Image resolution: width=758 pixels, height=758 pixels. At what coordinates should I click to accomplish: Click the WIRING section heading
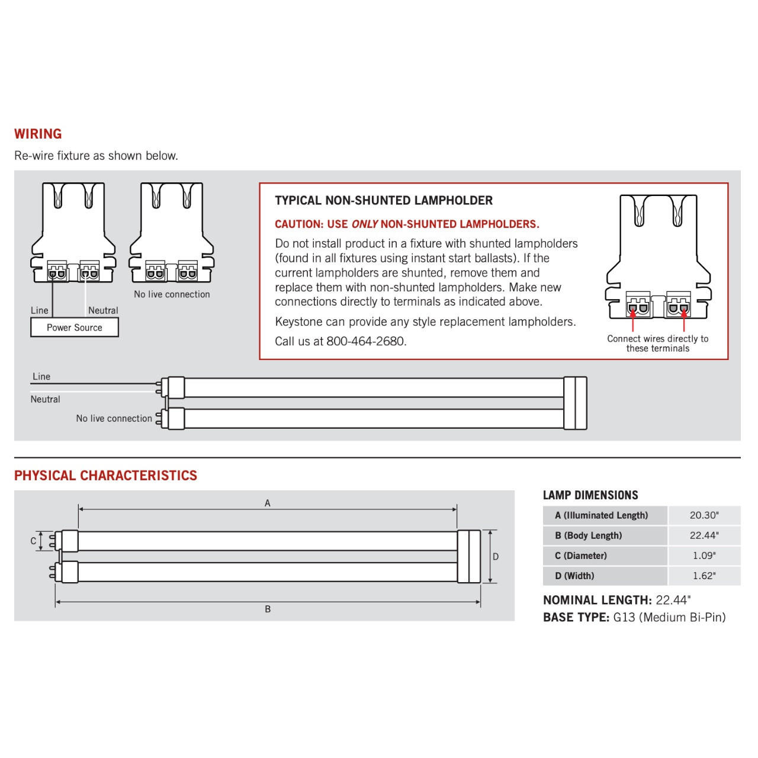[x=38, y=134]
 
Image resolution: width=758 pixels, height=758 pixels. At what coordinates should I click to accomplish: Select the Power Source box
[x=75, y=327]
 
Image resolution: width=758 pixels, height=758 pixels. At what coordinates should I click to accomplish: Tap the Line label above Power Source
[x=40, y=310]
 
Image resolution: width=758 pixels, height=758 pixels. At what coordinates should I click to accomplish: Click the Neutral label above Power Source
[x=103, y=310]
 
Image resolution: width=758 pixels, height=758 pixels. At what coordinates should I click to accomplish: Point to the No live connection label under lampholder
[x=172, y=294]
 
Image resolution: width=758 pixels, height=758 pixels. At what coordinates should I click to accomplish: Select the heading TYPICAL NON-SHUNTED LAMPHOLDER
[x=383, y=201]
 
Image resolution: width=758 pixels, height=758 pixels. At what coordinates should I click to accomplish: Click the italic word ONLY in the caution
[x=364, y=224]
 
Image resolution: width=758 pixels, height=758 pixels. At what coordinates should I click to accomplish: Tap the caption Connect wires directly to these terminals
[x=657, y=343]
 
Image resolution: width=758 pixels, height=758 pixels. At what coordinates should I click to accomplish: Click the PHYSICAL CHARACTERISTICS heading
[x=105, y=476]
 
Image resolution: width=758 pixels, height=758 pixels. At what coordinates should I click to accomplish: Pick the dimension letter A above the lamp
[x=268, y=503]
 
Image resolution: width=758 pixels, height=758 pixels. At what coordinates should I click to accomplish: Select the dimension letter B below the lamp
[x=268, y=609]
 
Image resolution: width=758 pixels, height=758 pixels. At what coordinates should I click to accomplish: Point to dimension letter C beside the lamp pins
[x=33, y=541]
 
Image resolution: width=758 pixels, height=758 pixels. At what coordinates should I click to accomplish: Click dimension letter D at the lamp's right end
[x=496, y=557]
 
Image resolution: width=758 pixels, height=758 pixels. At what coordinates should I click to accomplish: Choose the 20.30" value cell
[x=704, y=515]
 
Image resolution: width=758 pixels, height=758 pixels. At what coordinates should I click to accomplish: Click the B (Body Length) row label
[x=588, y=535]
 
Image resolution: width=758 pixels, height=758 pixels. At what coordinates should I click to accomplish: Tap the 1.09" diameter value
[x=704, y=555]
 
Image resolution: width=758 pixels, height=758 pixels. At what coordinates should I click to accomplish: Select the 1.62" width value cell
[x=704, y=576]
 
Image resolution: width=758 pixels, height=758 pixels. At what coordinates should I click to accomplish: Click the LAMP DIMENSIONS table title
[x=590, y=495]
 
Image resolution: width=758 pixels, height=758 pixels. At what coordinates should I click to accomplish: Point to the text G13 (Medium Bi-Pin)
[x=669, y=617]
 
